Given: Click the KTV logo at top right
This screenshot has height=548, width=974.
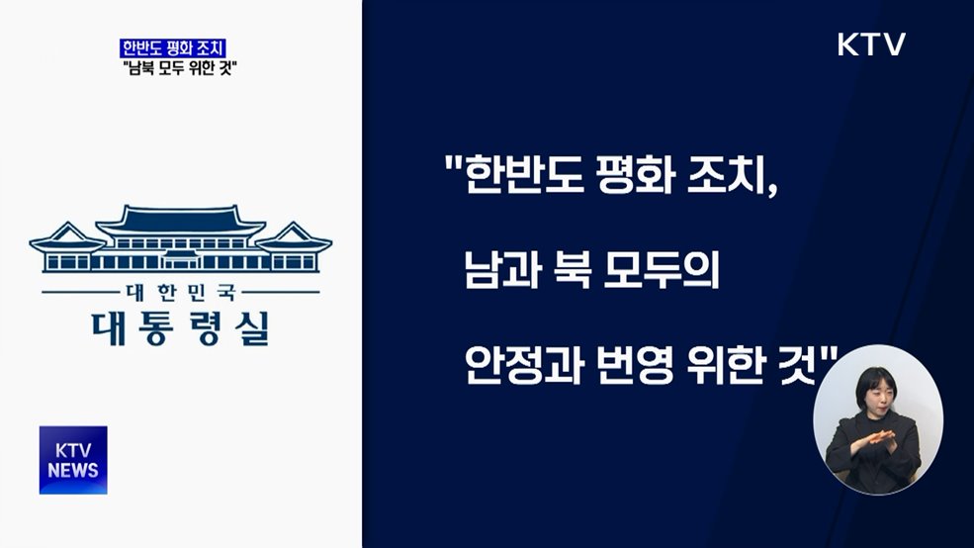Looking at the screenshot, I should pos(870,45).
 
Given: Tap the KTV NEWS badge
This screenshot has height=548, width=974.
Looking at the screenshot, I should pos(73,460).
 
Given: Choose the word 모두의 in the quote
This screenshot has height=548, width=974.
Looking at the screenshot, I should pos(667,272).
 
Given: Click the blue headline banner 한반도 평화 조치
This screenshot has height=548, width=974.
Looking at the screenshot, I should pos(173,46).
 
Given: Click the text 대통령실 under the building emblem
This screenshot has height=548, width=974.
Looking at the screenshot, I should pos(179,327).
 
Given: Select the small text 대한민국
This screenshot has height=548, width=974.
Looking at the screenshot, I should pos(180,293).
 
